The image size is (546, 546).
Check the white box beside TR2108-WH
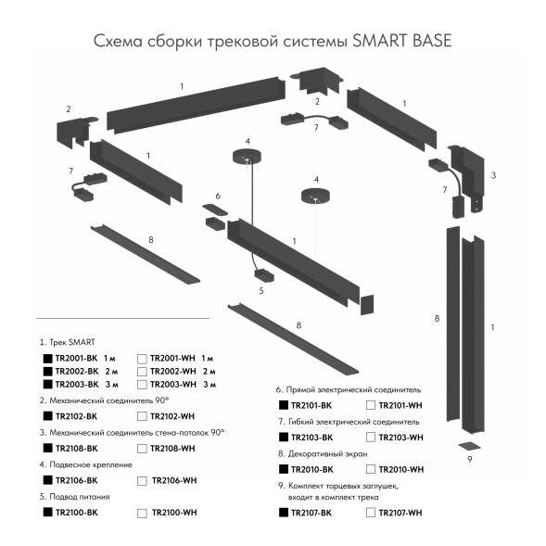pyautogui.click(x=141, y=449)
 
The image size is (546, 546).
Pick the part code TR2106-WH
pyautogui.click(x=173, y=480)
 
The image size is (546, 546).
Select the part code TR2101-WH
pyautogui.click(x=400, y=405)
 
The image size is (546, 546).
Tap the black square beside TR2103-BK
pyautogui.click(x=283, y=437)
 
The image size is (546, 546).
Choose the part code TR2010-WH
pyautogui.click(x=400, y=469)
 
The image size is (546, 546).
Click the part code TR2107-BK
pyautogui.click(x=311, y=513)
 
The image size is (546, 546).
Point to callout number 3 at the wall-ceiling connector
pyautogui.click(x=493, y=175)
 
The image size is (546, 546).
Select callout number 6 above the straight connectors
pyautogui.click(x=218, y=196)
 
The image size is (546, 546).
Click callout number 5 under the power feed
pyautogui.click(x=261, y=290)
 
